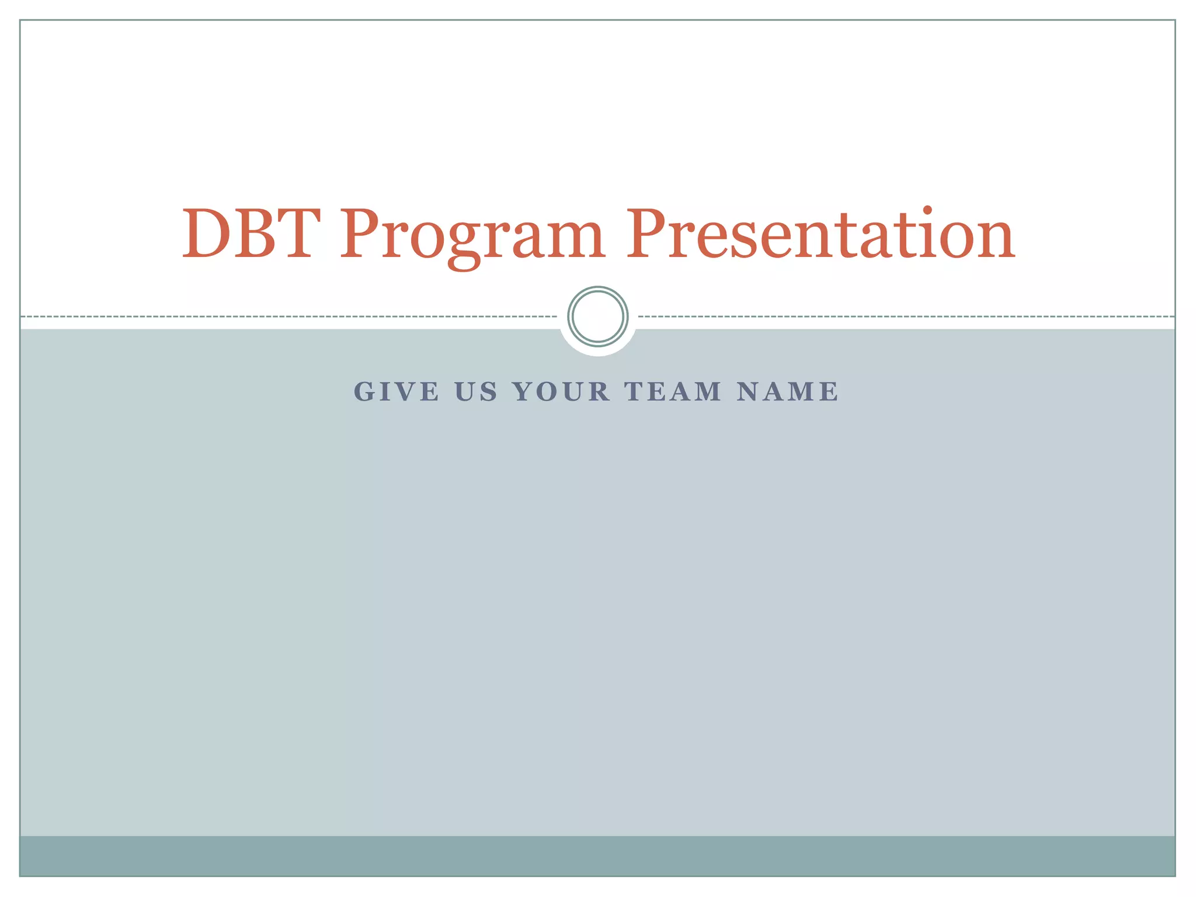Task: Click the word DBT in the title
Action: pyautogui.click(x=251, y=234)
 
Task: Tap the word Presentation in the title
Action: pyautogui.click(x=820, y=234)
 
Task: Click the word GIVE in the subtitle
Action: pyautogui.click(x=397, y=392)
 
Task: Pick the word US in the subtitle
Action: pyautogui.click(x=476, y=392)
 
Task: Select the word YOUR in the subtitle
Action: pyautogui.click(x=562, y=392)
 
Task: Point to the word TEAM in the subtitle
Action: pyautogui.click(x=673, y=392)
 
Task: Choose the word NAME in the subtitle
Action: pyautogui.click(x=787, y=392)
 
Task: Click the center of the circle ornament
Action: pyautogui.click(x=598, y=317)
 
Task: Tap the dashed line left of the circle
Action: pyautogui.click(x=292, y=317)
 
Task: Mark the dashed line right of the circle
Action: pyautogui.click(x=905, y=317)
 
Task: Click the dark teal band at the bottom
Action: pyautogui.click(x=598, y=856)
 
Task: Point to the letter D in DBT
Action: pyautogui.click(x=207, y=234)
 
